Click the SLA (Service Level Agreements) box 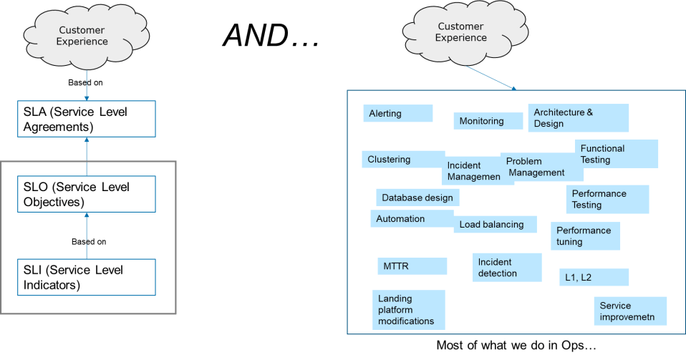coord(86,119)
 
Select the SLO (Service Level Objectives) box coord(86,194)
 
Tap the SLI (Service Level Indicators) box coord(86,277)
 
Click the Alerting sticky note coord(397,113)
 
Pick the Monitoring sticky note coord(488,121)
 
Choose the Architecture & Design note coord(578,117)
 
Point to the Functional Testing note coord(616,154)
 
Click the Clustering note coord(403,159)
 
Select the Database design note coord(417,198)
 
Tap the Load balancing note coord(495,225)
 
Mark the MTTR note coord(412,266)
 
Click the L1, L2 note coord(594,277)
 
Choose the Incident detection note coord(507,268)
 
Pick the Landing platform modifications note coord(409,310)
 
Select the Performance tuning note coord(585,235)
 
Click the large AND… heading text coord(271,35)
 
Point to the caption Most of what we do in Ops coord(516,345)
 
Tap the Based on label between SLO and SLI coord(89,241)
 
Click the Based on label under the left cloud coord(85,82)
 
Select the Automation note coord(412,219)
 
